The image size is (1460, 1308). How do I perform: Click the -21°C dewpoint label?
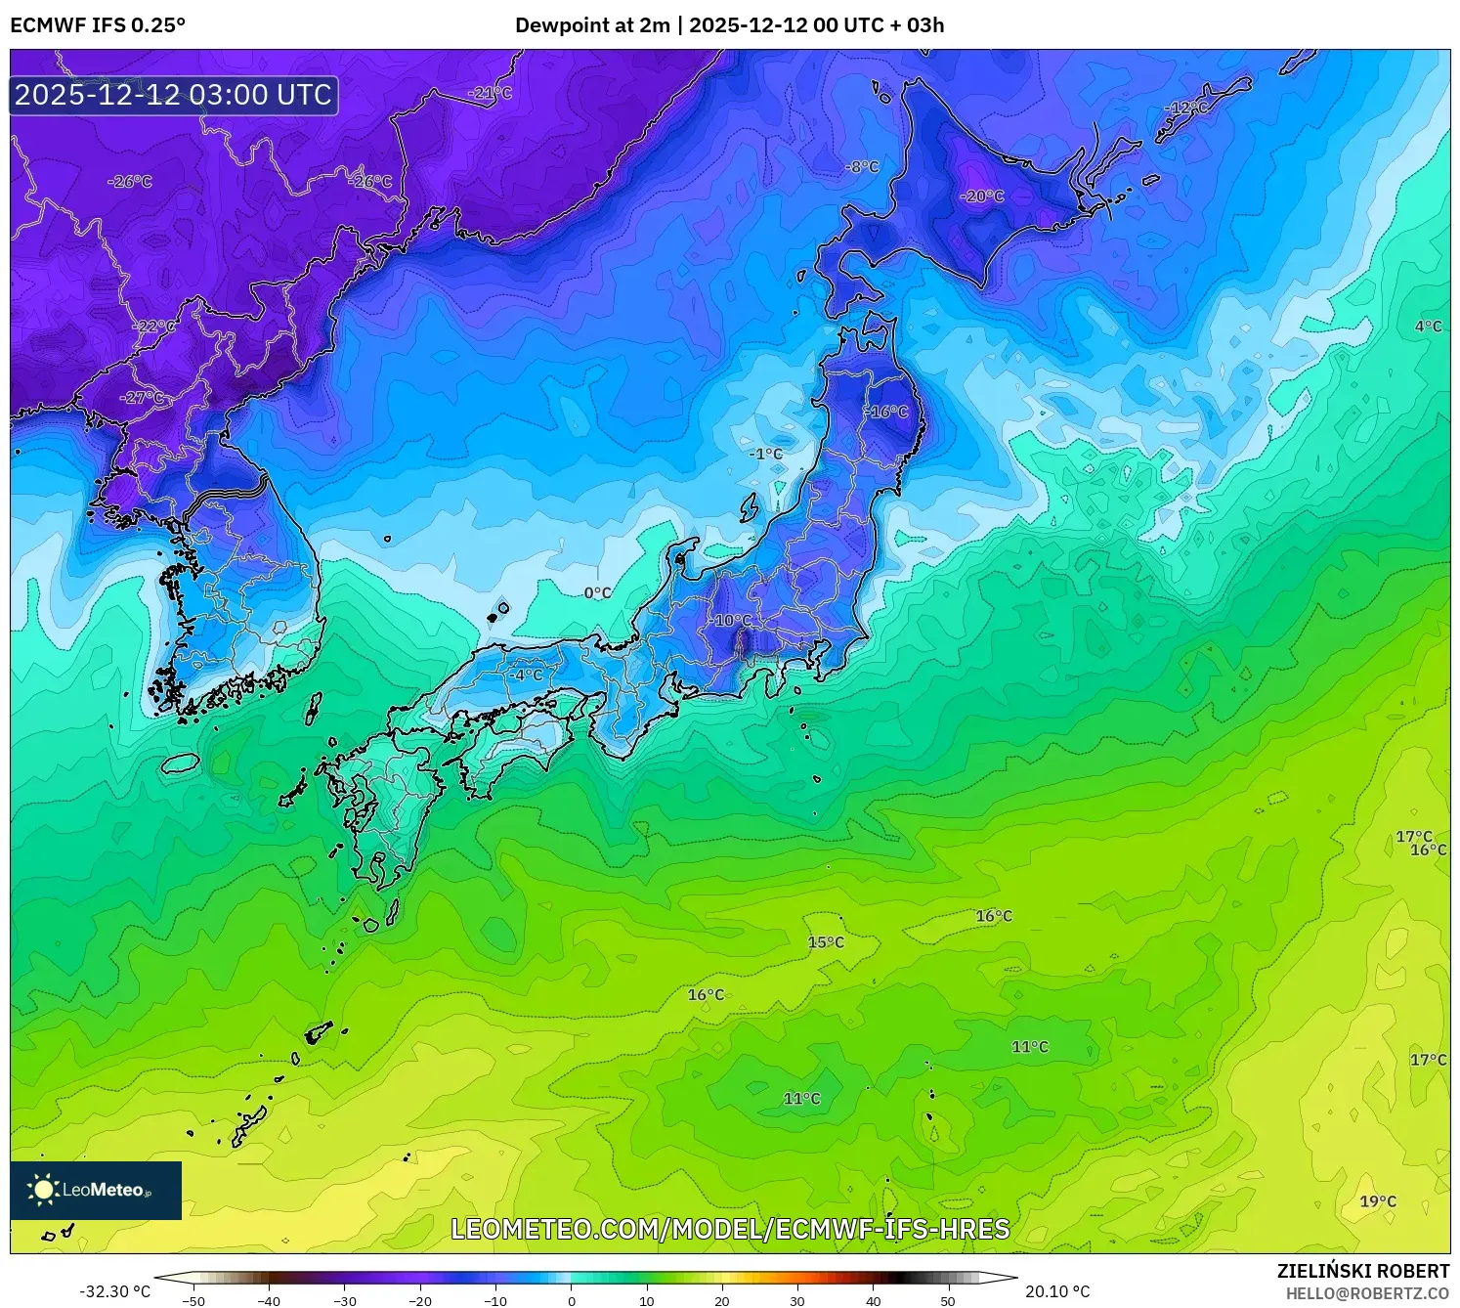[491, 93]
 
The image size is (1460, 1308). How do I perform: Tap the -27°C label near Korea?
[142, 398]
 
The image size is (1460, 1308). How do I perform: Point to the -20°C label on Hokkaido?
[982, 196]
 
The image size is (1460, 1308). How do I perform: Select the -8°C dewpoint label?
[862, 167]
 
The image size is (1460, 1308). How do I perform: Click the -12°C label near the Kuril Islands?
[1188, 108]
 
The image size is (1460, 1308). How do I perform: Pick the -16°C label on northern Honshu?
[887, 412]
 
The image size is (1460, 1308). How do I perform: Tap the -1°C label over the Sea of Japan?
[766, 454]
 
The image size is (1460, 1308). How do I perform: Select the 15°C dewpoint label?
[826, 942]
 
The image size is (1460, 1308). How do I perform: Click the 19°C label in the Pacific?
[1378, 1201]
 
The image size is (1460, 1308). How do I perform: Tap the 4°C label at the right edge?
[1428, 327]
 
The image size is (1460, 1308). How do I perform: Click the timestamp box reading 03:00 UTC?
[174, 95]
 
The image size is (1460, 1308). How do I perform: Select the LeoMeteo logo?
[96, 1190]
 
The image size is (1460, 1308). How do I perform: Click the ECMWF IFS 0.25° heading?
[98, 25]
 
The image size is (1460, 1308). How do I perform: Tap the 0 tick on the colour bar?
[572, 1300]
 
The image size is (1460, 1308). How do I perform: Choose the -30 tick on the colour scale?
[345, 1300]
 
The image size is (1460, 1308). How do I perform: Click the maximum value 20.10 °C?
[1057, 1291]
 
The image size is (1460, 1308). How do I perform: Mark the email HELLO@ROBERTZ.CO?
[1367, 1293]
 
